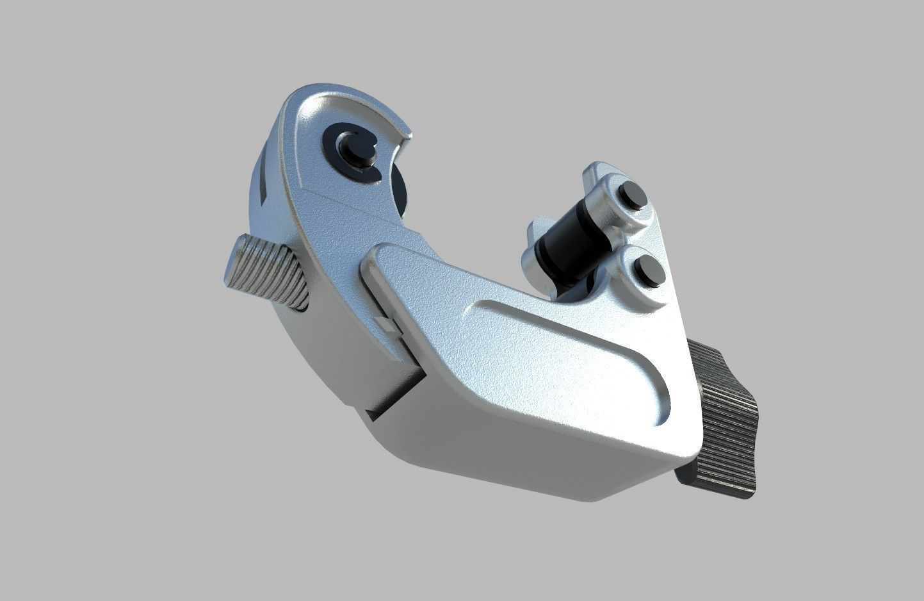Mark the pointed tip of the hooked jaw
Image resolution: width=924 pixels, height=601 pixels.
407,135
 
